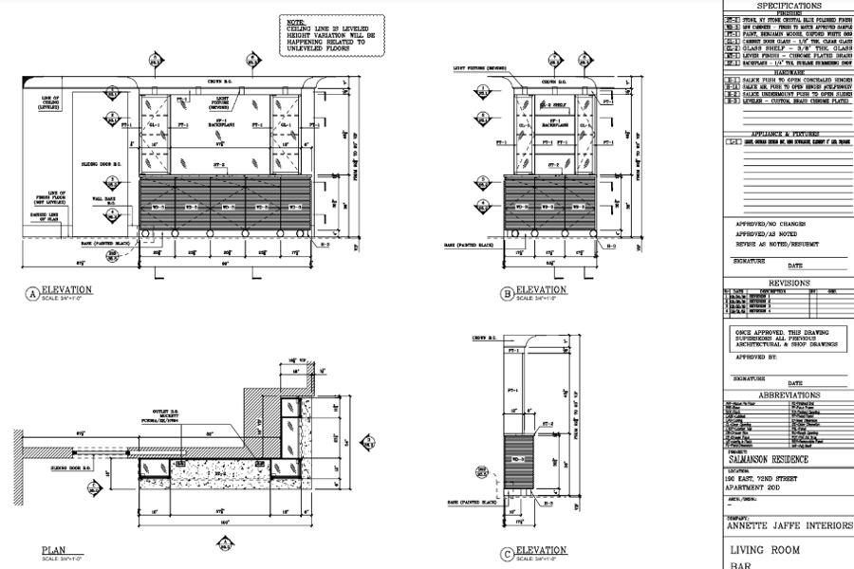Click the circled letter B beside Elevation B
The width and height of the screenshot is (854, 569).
[x=508, y=294]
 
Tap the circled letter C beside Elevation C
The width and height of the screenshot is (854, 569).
[x=508, y=555]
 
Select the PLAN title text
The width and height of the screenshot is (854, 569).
[x=53, y=549]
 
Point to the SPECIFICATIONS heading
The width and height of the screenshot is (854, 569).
[x=789, y=6]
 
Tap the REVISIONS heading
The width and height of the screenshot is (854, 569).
[x=789, y=283]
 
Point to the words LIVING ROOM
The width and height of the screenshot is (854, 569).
[x=764, y=550]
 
